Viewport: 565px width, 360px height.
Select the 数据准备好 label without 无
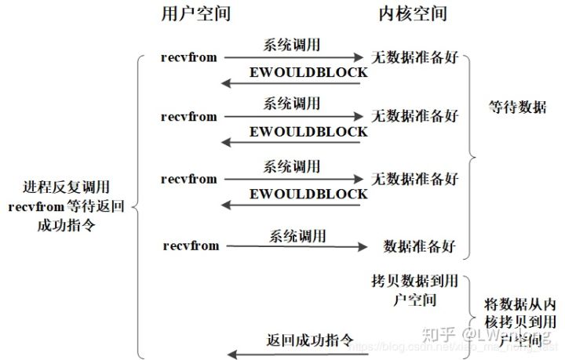click(x=421, y=245)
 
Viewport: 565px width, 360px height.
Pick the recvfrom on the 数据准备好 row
click(x=191, y=245)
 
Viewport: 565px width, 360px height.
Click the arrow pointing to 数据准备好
click(x=297, y=248)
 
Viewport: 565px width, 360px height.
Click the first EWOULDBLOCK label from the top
click(x=308, y=72)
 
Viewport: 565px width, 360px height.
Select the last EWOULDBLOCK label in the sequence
click(x=308, y=194)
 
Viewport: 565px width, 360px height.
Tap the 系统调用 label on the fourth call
click(x=298, y=235)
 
